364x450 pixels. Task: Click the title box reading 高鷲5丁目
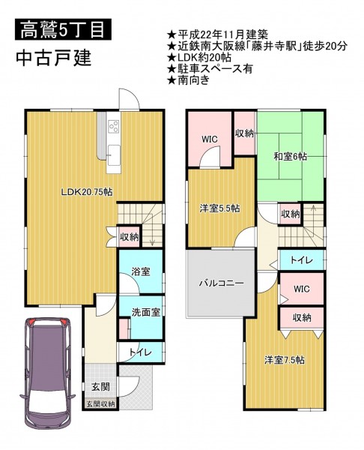(x=63, y=29)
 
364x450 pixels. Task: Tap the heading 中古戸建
(x=54, y=58)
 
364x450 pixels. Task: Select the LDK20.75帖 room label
(x=87, y=192)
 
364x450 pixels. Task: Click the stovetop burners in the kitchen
(x=114, y=126)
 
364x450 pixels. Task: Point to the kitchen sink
(x=114, y=155)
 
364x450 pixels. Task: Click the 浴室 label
(x=141, y=271)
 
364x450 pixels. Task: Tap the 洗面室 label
(x=146, y=312)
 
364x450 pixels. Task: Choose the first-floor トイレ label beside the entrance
(x=140, y=352)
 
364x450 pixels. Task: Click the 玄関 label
(x=100, y=386)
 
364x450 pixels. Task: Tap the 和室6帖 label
(x=290, y=157)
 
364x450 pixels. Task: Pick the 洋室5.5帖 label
(x=220, y=208)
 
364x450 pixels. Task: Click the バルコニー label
(x=222, y=283)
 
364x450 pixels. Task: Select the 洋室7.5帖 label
(x=285, y=359)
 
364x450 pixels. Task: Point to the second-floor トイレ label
(x=302, y=260)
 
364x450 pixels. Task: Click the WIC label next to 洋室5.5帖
(x=210, y=139)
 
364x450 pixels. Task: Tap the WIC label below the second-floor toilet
(x=302, y=289)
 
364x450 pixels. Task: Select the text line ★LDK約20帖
(x=199, y=58)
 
